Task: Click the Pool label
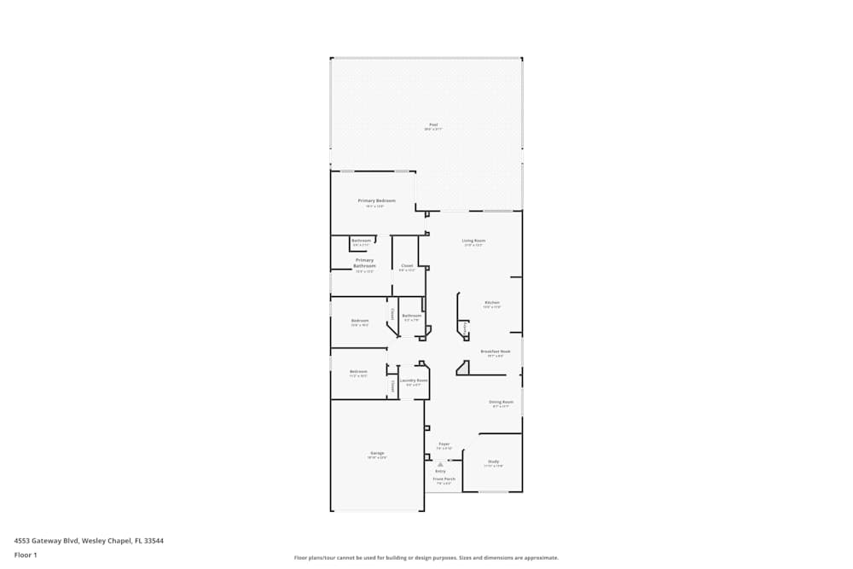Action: (432, 125)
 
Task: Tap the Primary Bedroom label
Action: (376, 200)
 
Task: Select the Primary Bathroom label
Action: (364, 263)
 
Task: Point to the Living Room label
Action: (473, 241)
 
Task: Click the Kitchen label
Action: (492, 303)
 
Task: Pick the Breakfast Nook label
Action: (496, 351)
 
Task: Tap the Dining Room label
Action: (501, 402)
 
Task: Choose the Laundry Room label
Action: (413, 380)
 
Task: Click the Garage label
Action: (377, 453)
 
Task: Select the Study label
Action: (494, 462)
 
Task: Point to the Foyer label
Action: (444, 444)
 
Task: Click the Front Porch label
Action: (444, 479)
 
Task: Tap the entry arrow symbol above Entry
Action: (440, 464)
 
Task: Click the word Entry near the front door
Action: (440, 471)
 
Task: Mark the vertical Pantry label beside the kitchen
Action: (465, 327)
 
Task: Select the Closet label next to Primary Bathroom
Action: (407, 265)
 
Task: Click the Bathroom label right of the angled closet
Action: (412, 316)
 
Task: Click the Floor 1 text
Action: (26, 554)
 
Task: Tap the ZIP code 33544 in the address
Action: (154, 540)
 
